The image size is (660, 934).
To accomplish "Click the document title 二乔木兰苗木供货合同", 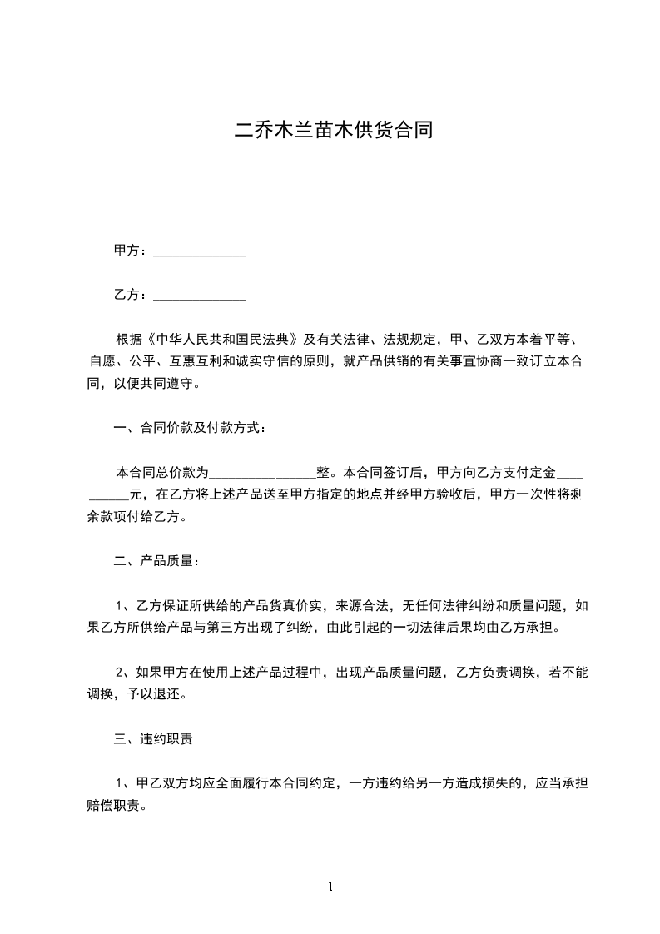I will pos(333,131).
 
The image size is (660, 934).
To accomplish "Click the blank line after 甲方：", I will pos(201,251).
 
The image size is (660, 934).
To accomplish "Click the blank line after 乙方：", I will pos(201,296).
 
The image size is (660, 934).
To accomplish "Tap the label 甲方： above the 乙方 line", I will pos(132,251).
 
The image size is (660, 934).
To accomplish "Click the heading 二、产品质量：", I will pos(156,560).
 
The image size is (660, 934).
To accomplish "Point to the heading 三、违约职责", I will pos(155,738).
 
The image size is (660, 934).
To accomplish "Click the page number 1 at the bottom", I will pos(330,887).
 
